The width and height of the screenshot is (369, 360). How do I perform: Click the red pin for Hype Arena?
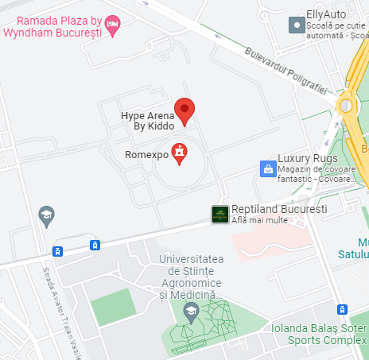[x=185, y=111]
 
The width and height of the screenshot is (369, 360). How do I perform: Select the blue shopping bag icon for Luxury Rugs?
[x=267, y=168]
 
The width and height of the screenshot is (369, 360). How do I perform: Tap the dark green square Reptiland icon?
[x=219, y=213]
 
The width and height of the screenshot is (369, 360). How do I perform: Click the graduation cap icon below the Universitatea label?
[x=189, y=313]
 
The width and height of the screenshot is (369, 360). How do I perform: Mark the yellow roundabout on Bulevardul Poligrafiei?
[x=348, y=104]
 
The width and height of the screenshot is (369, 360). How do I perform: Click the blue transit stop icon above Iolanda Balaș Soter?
[x=341, y=309]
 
